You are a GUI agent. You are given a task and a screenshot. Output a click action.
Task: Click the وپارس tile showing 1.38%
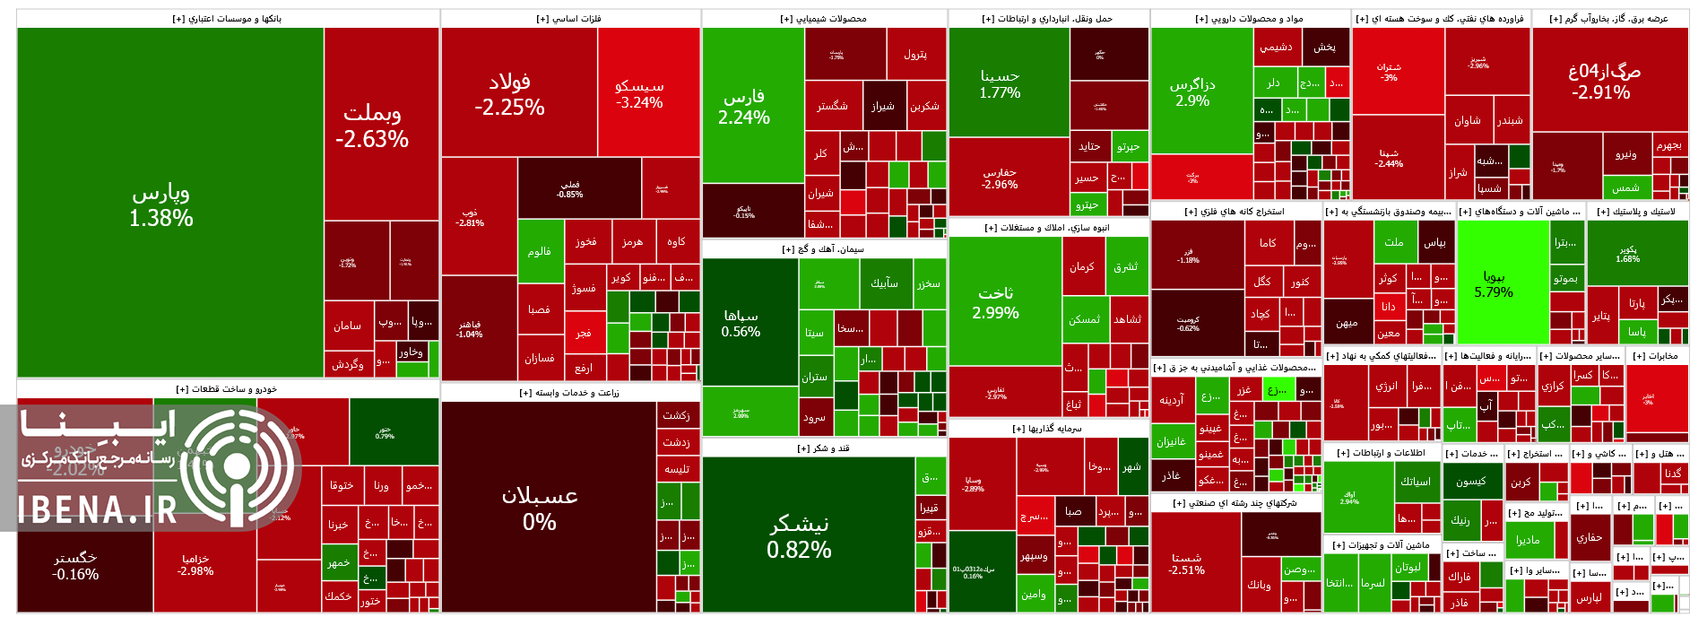click(x=161, y=204)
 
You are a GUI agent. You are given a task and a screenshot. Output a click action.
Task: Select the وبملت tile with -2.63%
click(x=372, y=126)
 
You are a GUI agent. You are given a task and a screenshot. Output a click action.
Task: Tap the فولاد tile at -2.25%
click(x=509, y=94)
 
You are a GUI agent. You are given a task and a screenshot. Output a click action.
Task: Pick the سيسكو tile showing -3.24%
click(x=639, y=93)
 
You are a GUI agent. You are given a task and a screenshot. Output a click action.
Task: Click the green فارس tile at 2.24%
click(x=744, y=107)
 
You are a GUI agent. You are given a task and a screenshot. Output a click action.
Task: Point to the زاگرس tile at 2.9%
click(x=1192, y=92)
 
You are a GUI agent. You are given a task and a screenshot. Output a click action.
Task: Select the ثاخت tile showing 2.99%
click(x=995, y=303)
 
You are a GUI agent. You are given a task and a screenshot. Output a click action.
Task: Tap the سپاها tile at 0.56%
click(x=741, y=323)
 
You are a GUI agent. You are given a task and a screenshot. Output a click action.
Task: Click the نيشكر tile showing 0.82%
click(x=799, y=536)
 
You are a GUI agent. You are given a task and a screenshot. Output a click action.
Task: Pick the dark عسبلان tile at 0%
click(x=540, y=508)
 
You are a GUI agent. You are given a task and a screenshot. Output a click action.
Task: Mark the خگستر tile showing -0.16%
click(x=75, y=566)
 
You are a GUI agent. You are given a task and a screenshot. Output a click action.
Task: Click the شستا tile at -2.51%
click(x=1186, y=563)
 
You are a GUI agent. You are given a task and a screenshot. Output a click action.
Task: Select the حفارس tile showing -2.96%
click(x=1000, y=178)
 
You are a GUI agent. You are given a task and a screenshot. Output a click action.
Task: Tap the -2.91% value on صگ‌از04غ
click(x=1600, y=92)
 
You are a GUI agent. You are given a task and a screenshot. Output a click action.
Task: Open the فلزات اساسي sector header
click(x=569, y=19)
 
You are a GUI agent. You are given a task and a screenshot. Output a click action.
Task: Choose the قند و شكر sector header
click(x=823, y=448)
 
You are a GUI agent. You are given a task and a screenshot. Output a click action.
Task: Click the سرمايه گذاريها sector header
click(x=1047, y=429)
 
